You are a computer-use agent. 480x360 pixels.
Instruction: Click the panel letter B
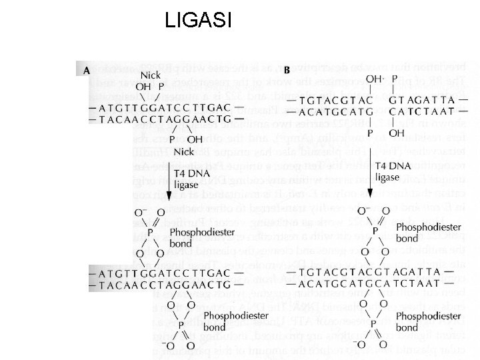pos(287,69)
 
